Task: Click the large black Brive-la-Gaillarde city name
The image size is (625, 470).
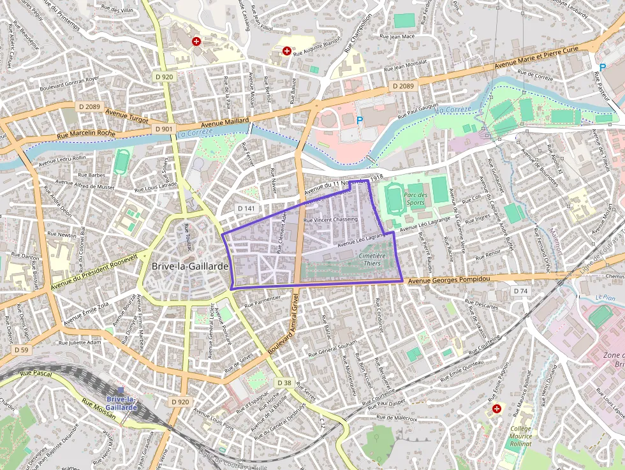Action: [x=190, y=266]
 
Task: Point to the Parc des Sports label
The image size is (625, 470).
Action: [x=415, y=199]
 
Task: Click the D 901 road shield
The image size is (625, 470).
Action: [x=163, y=129]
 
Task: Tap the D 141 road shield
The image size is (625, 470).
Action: [x=246, y=208]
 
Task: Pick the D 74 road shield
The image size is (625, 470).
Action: [x=520, y=291]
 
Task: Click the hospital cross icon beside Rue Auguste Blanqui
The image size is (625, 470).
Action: [x=287, y=50]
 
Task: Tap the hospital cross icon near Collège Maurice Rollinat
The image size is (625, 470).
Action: [x=496, y=408]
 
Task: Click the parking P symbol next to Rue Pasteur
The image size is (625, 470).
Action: [x=602, y=67]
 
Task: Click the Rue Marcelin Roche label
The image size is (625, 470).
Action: [x=86, y=133]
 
